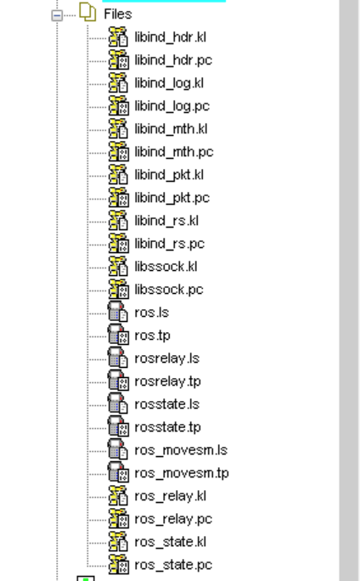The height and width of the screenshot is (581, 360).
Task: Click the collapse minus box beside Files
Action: tap(57, 15)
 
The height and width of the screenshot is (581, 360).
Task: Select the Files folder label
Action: tap(118, 14)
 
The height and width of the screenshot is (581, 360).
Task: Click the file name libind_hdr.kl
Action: tap(170, 37)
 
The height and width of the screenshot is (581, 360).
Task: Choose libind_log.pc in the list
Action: tap(172, 106)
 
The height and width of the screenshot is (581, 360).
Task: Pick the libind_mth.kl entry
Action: tap(171, 129)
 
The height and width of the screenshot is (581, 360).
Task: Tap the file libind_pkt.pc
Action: tap(172, 198)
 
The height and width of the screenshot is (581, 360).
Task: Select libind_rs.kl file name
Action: tap(166, 221)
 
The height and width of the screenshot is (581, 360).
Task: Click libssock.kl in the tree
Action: tap(166, 267)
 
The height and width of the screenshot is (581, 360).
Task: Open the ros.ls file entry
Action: tap(151, 313)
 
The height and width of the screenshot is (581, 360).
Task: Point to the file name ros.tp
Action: tap(152, 336)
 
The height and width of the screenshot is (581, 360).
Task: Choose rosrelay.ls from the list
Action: tap(167, 358)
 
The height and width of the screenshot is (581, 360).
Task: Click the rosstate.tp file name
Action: tap(167, 427)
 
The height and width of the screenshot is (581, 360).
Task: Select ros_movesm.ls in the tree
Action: tap(181, 450)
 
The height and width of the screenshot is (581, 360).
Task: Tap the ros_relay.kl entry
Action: tap(170, 497)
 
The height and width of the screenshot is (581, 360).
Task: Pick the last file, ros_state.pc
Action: tap(173, 566)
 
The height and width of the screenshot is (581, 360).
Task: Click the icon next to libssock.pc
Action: tap(119, 290)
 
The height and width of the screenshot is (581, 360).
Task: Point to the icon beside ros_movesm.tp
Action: tap(119, 473)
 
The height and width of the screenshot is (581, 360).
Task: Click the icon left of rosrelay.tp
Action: tap(119, 381)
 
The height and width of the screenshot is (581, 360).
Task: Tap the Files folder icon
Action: tap(87, 12)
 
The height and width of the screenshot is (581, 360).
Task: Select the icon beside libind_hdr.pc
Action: tap(119, 59)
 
